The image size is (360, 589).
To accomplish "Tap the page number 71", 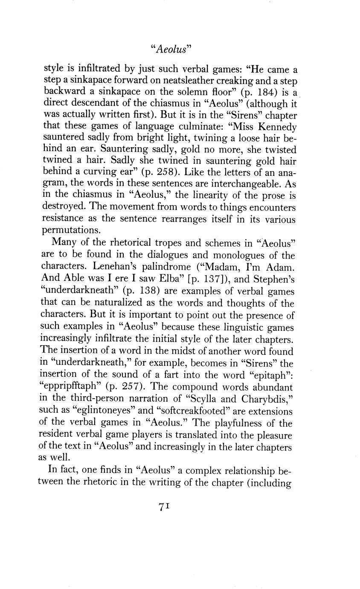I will (165, 506).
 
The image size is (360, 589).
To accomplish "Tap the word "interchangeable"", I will (231, 184).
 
